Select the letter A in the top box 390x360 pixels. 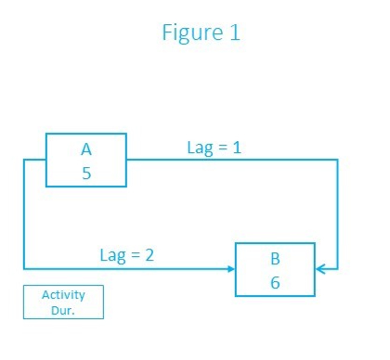86,148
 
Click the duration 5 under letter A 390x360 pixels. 86,173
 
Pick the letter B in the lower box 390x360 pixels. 275,258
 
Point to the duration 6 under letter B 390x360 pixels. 275,282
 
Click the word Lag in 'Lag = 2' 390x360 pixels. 112,254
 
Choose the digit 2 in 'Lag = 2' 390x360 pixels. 150,253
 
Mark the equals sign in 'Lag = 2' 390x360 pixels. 135,254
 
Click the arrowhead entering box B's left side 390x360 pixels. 230,269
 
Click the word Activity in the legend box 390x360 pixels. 63,295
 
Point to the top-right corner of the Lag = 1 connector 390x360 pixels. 337,161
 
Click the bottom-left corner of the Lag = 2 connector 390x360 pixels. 23,269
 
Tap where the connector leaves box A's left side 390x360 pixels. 46,161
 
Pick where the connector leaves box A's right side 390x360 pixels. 127,161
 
